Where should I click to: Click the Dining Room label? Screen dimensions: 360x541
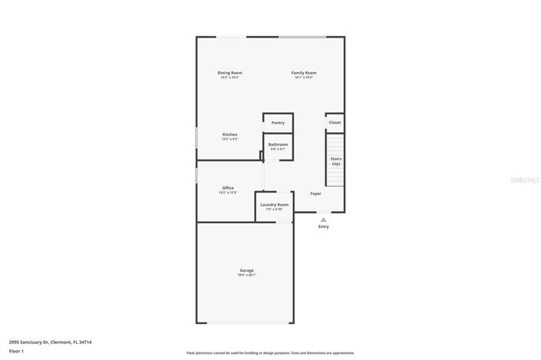click(230, 73)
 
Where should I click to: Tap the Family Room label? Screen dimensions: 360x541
click(304, 73)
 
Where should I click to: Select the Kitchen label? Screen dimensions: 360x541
click(230, 134)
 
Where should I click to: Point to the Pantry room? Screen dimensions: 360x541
click(278, 123)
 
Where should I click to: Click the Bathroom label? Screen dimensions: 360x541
click(278, 144)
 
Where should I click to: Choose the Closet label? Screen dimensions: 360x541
click(335, 123)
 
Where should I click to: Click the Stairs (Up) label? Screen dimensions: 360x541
click(336, 161)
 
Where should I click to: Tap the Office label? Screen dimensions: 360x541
click(228, 188)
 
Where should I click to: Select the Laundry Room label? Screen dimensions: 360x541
click(274, 204)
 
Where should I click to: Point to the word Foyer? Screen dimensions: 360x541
click(315, 193)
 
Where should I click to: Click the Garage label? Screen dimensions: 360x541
click(246, 270)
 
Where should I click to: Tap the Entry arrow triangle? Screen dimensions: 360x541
click(323, 220)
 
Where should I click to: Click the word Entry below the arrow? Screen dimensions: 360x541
click(323, 226)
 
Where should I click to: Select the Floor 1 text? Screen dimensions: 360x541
click(17, 352)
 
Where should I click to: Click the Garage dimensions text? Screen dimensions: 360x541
click(246, 275)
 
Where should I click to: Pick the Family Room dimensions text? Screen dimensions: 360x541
click(304, 78)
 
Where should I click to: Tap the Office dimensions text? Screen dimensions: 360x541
click(228, 193)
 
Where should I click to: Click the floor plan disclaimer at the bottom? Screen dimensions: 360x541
click(270, 353)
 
